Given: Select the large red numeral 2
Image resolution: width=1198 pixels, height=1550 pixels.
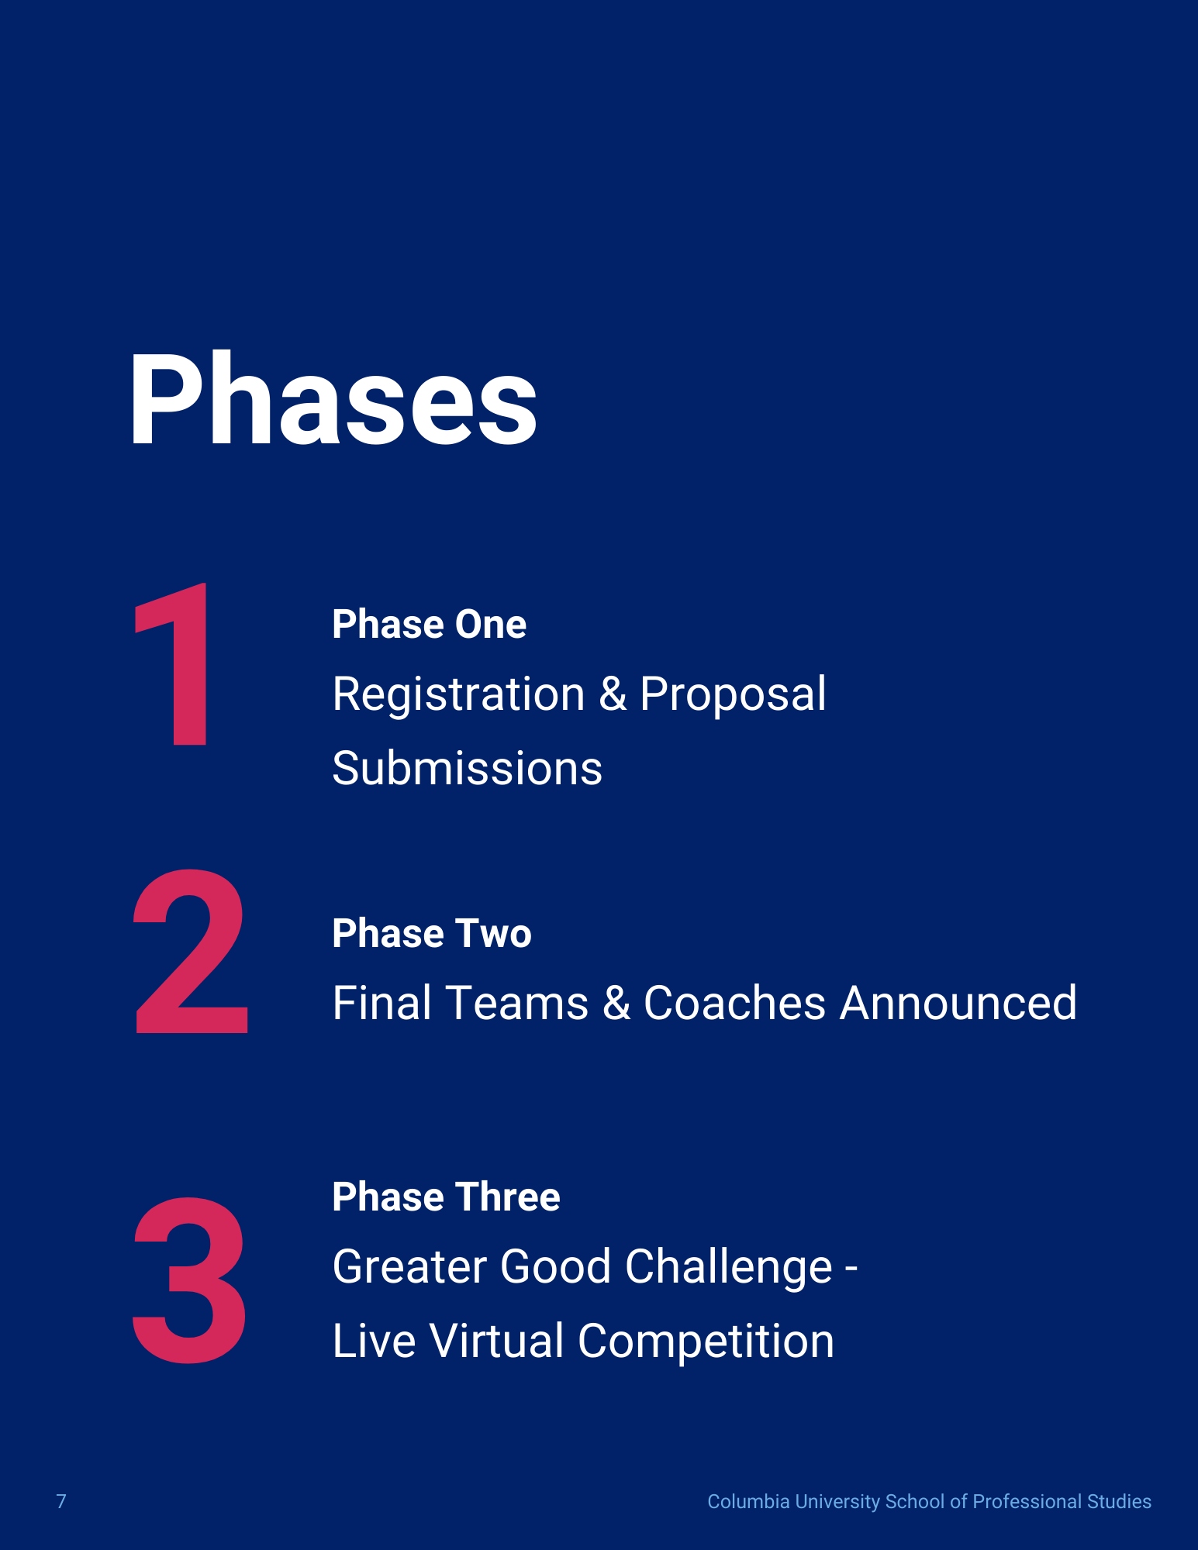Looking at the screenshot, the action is pos(191,951).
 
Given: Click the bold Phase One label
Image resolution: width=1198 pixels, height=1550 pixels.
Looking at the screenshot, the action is pos(429,625).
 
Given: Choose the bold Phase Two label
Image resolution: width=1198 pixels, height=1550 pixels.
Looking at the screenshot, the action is pos(432,933).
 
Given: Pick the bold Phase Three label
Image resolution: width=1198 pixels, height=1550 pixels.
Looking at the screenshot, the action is pos(446,1197).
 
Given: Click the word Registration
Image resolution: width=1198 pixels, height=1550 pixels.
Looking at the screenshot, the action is pos(458,694).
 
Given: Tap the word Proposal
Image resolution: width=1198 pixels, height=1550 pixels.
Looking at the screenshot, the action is pos(733,694).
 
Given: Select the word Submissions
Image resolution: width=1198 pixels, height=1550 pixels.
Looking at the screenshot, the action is pos(468,768).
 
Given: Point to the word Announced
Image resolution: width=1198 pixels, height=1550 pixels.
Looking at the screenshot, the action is pos(958,1003).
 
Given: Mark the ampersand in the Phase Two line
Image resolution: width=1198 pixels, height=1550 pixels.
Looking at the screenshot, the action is pos(617,1003).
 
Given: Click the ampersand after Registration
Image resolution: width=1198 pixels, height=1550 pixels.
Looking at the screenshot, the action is pos(613,694).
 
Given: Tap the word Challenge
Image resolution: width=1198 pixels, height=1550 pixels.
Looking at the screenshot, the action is pos(728,1268).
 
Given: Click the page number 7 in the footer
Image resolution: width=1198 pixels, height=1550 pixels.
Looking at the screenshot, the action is pos(61,1502).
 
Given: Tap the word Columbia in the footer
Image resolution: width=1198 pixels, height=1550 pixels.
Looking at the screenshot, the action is pos(748,1502).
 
